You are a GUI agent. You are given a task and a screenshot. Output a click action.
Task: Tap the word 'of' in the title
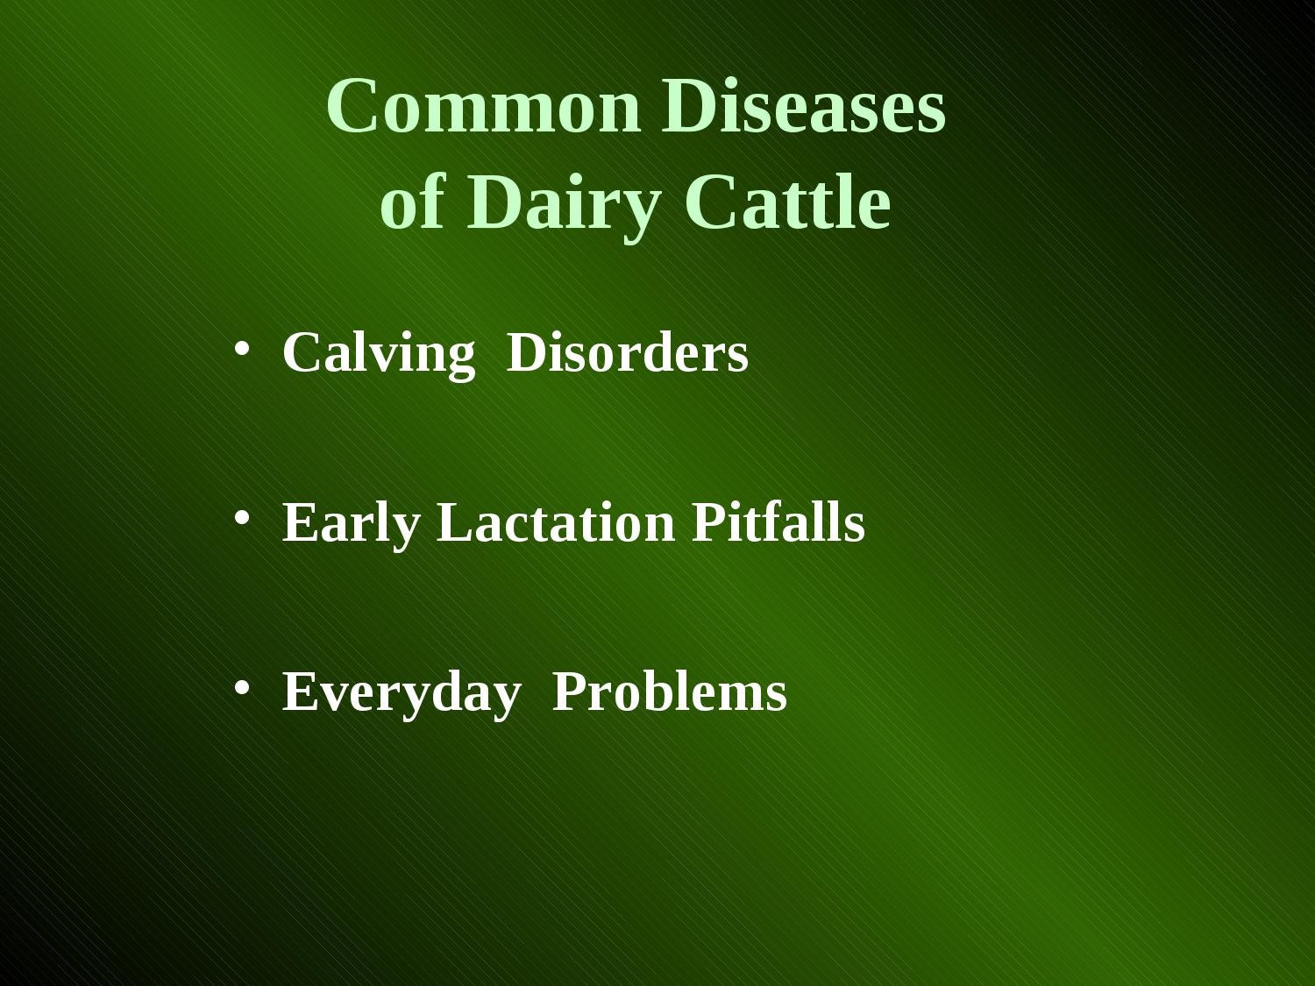(x=412, y=203)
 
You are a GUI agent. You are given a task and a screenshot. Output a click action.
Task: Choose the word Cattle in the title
(x=787, y=203)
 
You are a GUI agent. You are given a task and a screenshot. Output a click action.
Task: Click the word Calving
(x=378, y=354)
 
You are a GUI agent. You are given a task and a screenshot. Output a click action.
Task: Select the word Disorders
(x=627, y=353)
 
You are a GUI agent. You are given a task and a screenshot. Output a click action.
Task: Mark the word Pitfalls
(x=778, y=522)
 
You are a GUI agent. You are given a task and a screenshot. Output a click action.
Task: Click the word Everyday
(x=401, y=693)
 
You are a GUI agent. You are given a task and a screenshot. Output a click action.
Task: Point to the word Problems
(x=670, y=692)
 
